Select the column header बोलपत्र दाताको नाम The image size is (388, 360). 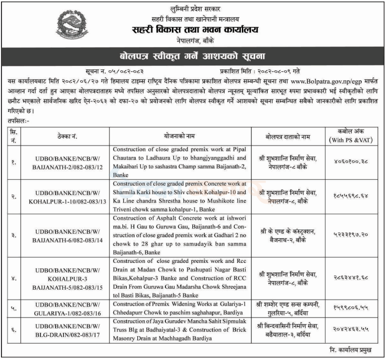(x=288, y=135)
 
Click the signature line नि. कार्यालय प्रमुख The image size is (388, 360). (x=352, y=349)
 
